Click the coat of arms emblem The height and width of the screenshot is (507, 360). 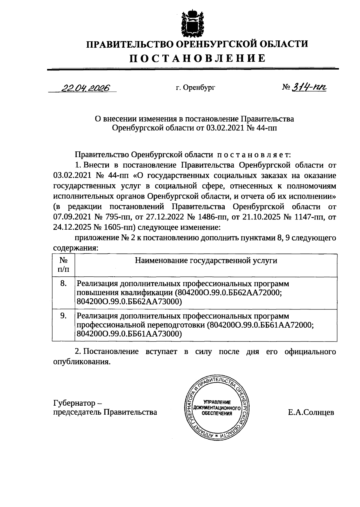click(192, 23)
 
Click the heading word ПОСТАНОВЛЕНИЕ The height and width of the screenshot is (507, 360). click(197, 58)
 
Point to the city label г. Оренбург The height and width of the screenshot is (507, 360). click(196, 88)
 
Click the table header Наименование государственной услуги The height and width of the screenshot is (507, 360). click(206, 261)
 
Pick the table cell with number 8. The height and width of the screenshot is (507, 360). click(63, 283)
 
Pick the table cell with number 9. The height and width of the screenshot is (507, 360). click(63, 316)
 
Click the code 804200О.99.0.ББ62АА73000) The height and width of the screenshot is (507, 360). click(129, 302)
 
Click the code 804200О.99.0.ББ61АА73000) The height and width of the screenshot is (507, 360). click(129, 334)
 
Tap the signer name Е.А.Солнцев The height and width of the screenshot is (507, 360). click(311, 413)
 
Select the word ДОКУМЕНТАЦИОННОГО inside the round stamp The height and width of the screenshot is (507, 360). click(217, 408)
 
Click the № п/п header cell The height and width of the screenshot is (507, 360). click(63, 264)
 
